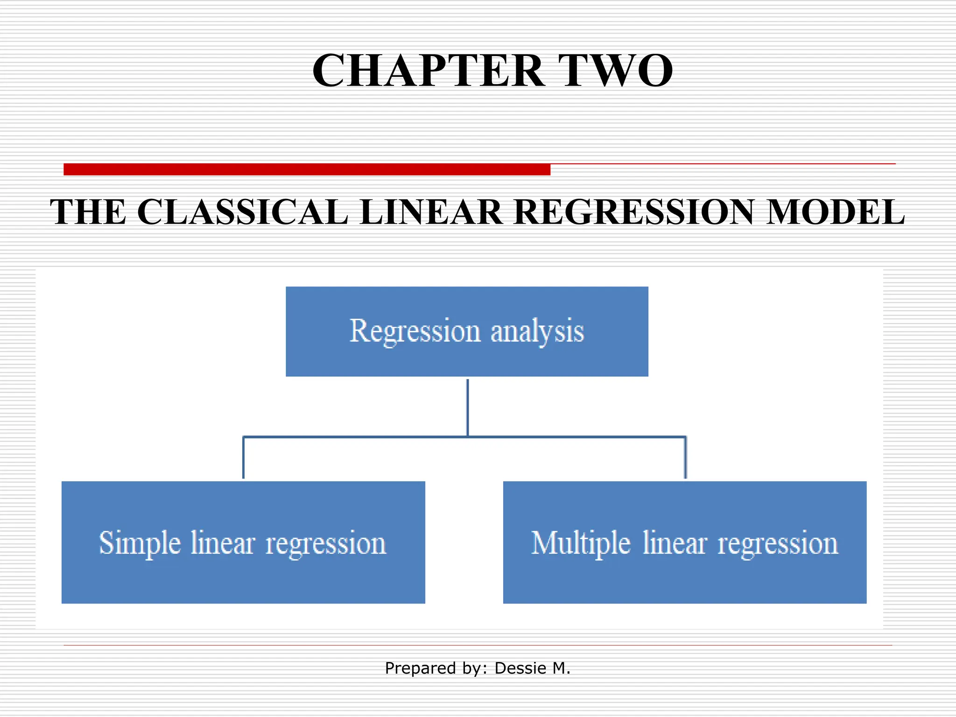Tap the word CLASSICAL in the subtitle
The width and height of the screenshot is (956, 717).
pos(243,212)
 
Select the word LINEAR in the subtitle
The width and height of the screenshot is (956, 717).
pos(431,212)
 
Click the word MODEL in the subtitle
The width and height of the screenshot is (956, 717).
pos(836,212)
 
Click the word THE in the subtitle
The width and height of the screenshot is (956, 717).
pos(88,212)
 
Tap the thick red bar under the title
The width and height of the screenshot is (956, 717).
pos(307,169)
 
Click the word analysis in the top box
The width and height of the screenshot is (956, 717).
pos(537,331)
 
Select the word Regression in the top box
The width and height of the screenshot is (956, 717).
pos(415,331)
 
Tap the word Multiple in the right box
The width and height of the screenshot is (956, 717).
pos(581,544)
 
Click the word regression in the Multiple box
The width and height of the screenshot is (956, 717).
pos(778,544)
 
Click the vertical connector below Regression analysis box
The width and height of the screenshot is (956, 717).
pos(468,407)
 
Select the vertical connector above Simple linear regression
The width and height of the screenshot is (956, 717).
pos(243,457)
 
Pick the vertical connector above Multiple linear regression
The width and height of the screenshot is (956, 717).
pos(685,457)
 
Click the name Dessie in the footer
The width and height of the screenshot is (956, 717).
pos(520,668)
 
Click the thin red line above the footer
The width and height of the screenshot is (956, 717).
pos(478,645)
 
